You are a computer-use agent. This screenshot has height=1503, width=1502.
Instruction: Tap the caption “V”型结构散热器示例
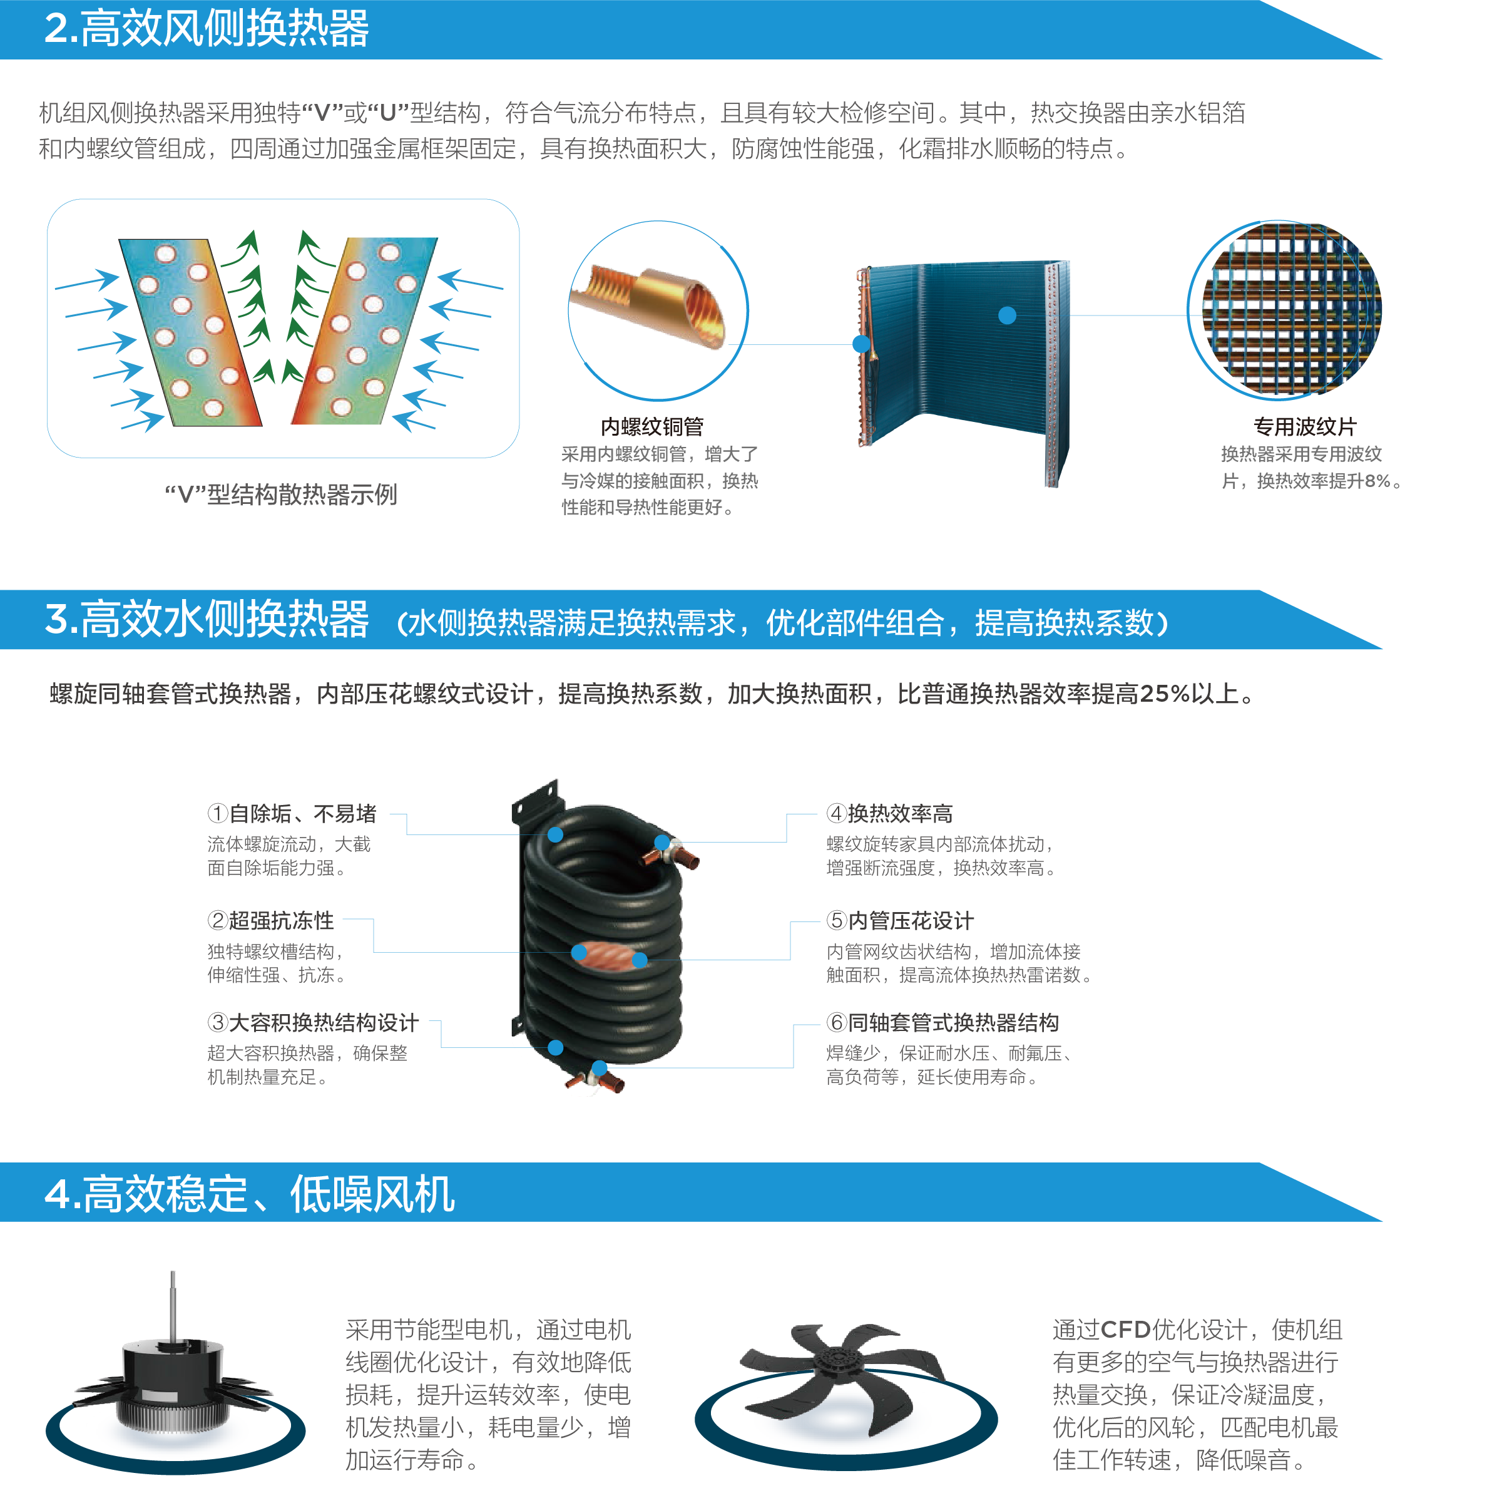point(281,494)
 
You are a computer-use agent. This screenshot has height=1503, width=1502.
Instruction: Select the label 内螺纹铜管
point(652,426)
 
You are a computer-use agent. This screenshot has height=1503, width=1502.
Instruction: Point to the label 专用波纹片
point(1304,426)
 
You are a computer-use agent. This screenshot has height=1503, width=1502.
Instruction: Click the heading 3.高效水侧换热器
point(206,619)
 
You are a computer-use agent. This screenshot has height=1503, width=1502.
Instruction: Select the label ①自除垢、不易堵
point(292,814)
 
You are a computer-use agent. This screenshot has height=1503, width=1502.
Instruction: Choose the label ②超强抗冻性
point(271,920)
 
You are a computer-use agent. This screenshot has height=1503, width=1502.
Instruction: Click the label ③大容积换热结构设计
point(313,1022)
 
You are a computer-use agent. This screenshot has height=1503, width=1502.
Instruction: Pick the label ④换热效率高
point(889,814)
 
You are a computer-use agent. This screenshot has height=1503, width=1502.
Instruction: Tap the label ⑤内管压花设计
point(900,920)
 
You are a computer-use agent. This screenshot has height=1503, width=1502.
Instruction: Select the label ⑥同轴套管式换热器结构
point(942,1022)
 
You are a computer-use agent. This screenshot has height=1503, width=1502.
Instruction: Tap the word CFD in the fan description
point(1125,1330)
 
